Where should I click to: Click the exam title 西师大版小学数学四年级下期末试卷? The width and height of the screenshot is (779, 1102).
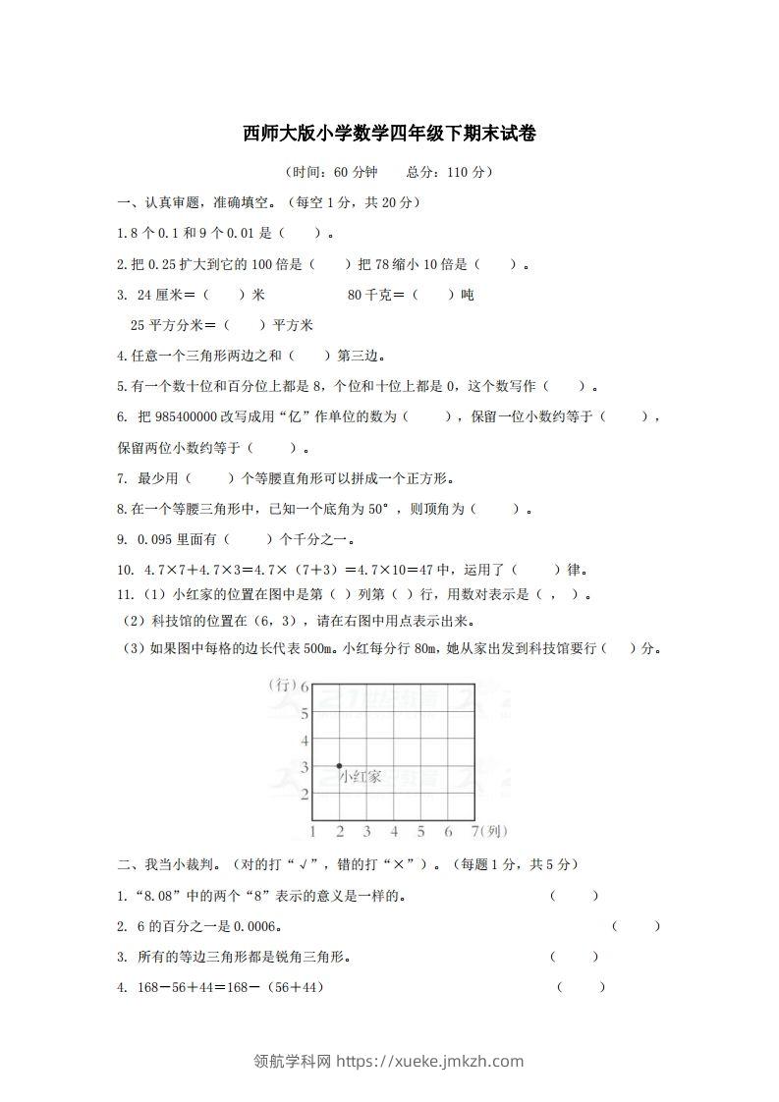tap(389, 134)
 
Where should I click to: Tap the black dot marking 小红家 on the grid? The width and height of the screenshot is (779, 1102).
tap(340, 765)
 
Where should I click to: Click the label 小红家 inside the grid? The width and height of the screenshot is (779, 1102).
tap(361, 777)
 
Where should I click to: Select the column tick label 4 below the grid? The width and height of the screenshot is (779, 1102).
tap(394, 832)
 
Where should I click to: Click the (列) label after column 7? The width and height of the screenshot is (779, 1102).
tap(496, 832)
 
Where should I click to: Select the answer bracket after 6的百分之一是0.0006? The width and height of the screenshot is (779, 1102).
tap(636, 926)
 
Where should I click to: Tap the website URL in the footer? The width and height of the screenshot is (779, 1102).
tap(430, 1061)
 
